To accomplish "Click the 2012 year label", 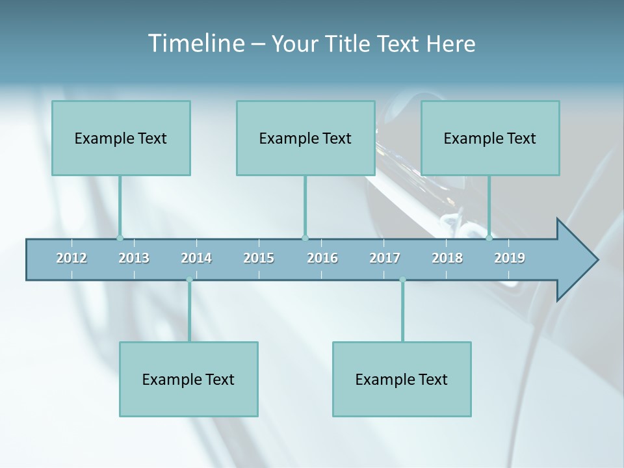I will [71, 258].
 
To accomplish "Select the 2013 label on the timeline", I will [134, 258].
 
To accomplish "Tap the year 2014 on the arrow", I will [196, 258].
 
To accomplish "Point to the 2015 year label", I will [259, 258].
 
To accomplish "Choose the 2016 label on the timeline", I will [322, 258].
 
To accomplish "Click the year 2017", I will [385, 258].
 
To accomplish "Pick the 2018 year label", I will [447, 258].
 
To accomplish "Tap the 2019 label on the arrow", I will [510, 258].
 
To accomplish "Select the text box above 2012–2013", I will [121, 138].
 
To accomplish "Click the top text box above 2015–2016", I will [305, 138].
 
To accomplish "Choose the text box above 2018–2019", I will [490, 138].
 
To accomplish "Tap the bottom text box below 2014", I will [188, 379].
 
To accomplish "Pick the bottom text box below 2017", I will [402, 379].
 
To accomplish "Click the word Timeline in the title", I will [195, 44].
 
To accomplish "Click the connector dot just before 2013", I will [120, 238].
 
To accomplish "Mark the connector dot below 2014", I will [189, 280].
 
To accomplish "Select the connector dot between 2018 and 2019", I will [489, 238].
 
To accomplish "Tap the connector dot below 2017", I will [402, 280].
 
